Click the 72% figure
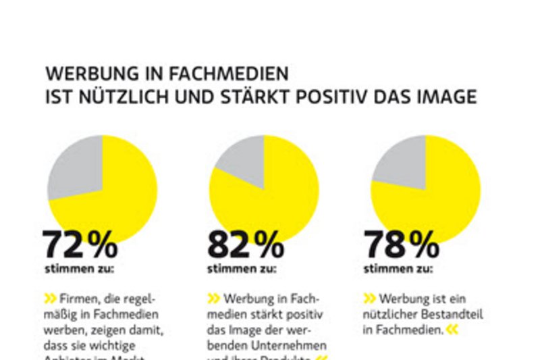[x=80, y=245]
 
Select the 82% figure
[x=245, y=245]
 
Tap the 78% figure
[x=402, y=245]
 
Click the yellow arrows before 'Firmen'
[x=50, y=299]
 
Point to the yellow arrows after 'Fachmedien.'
[x=452, y=330]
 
